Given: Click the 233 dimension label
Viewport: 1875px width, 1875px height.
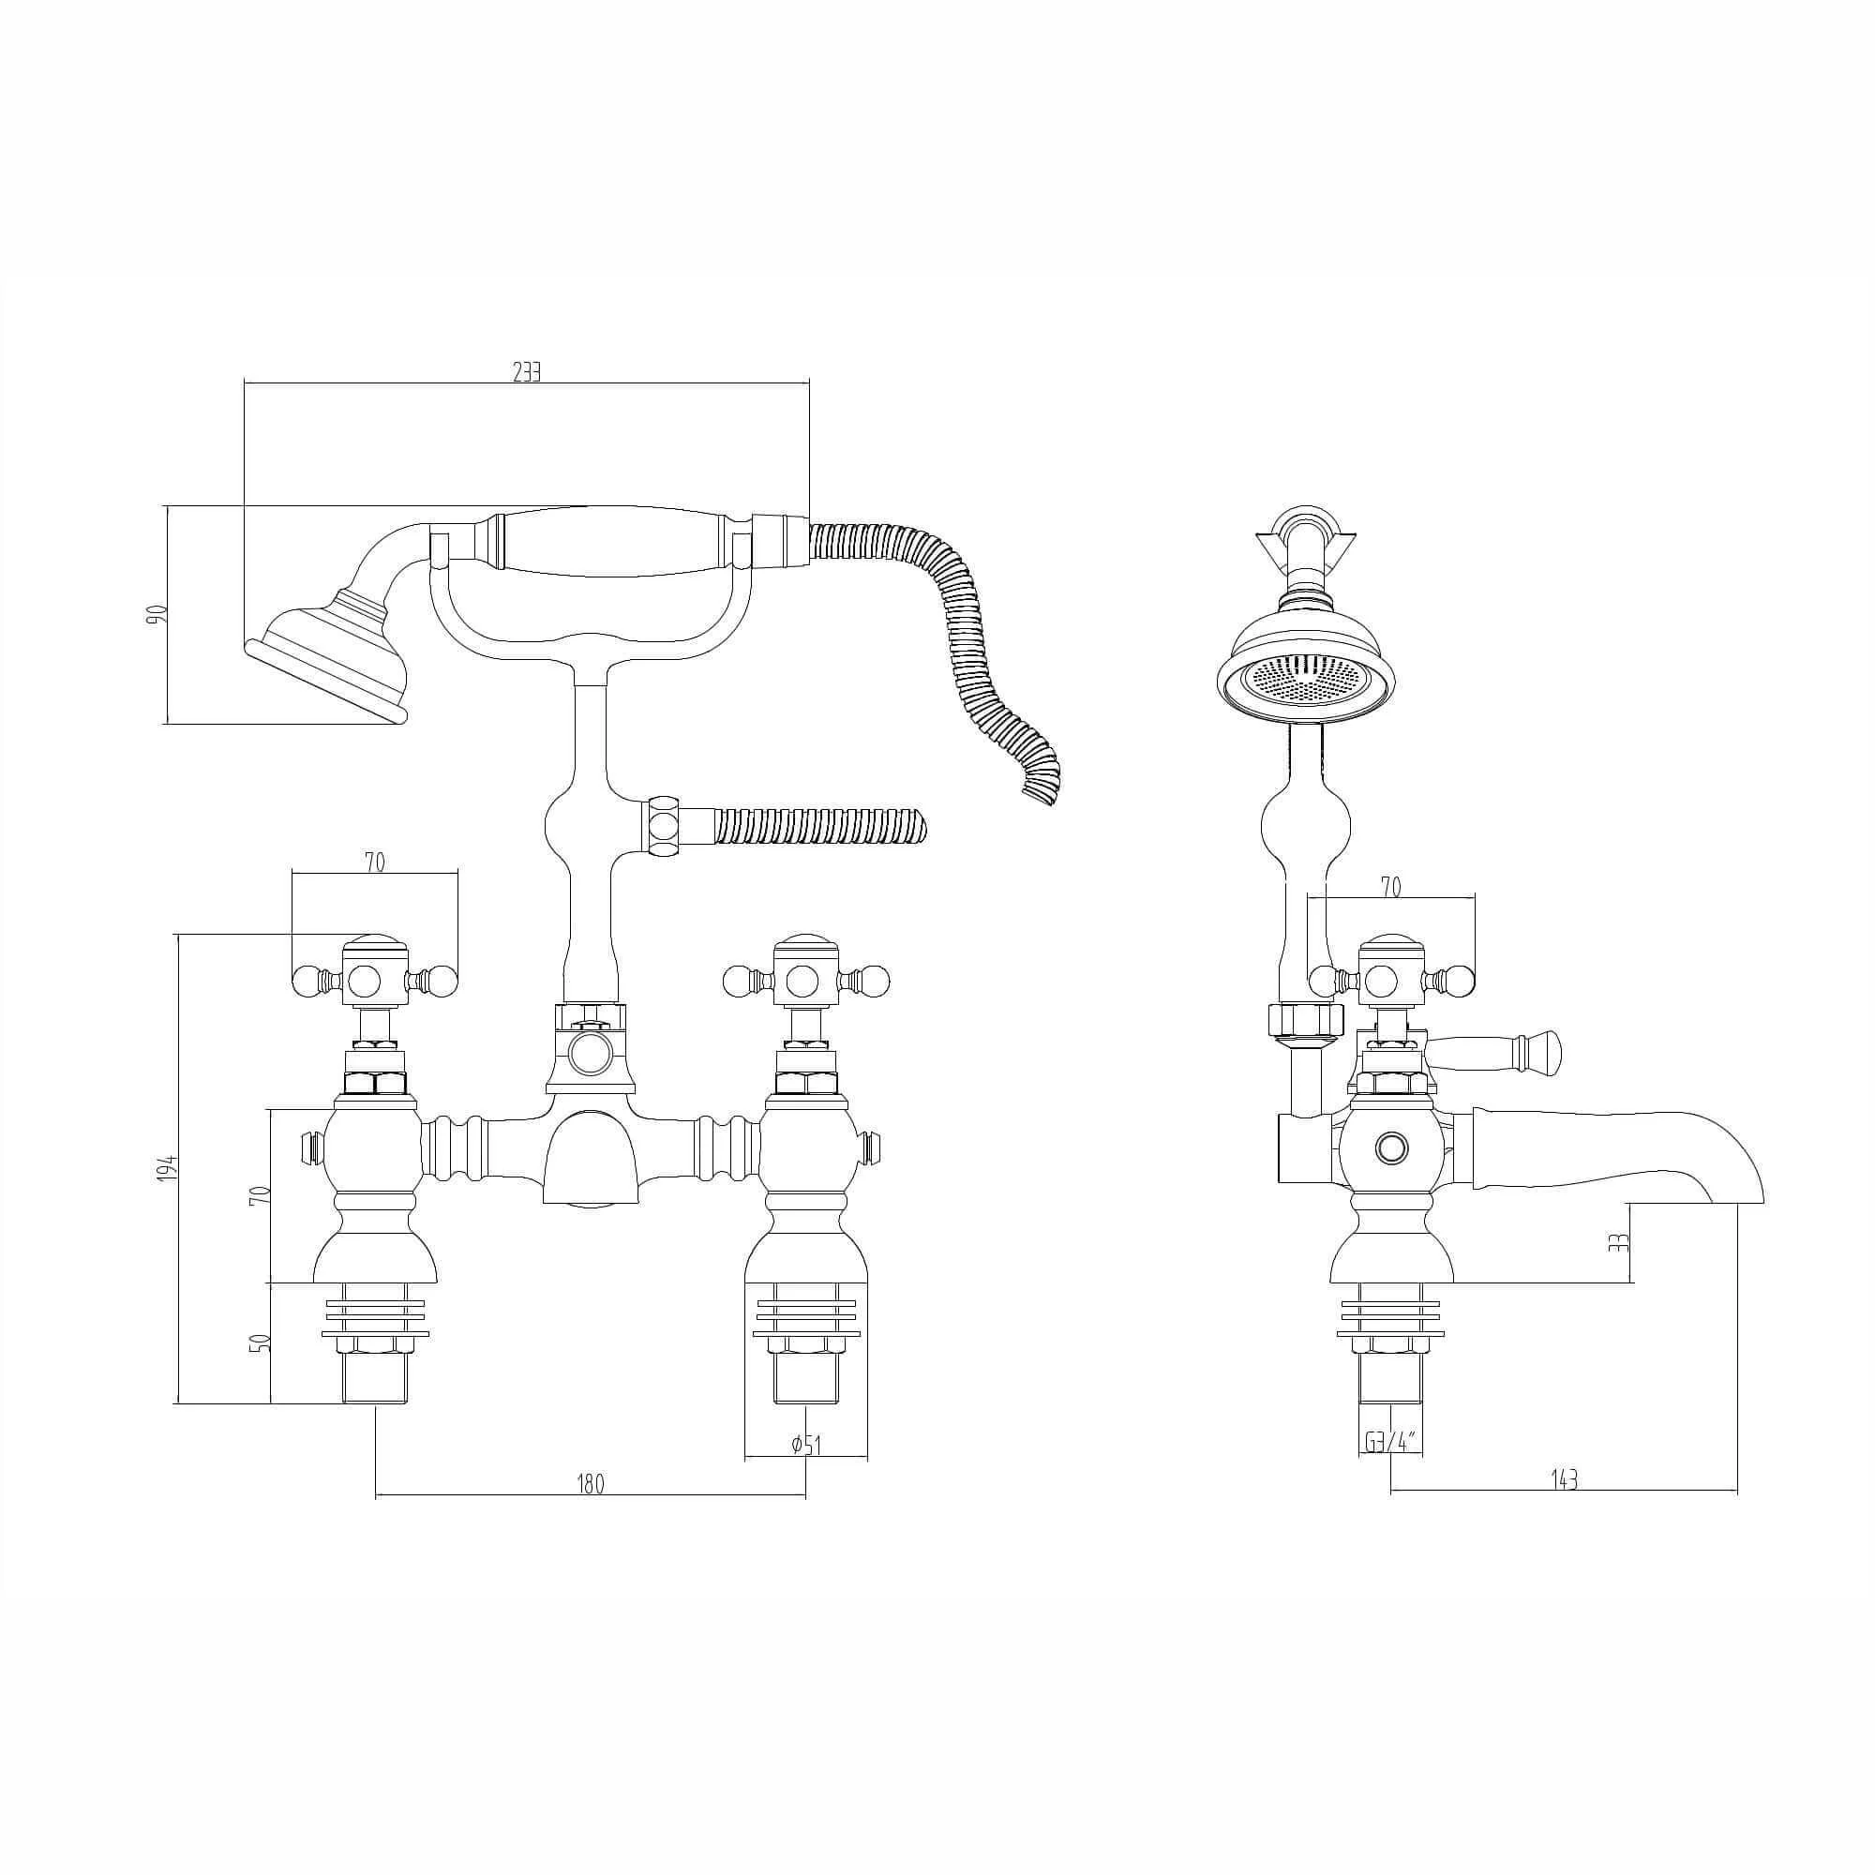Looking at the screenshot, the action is [526, 371].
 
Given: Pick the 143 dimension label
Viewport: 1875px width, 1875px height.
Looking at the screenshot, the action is [1564, 1479].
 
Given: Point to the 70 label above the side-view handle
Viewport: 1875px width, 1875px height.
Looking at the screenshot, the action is [1390, 887].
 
